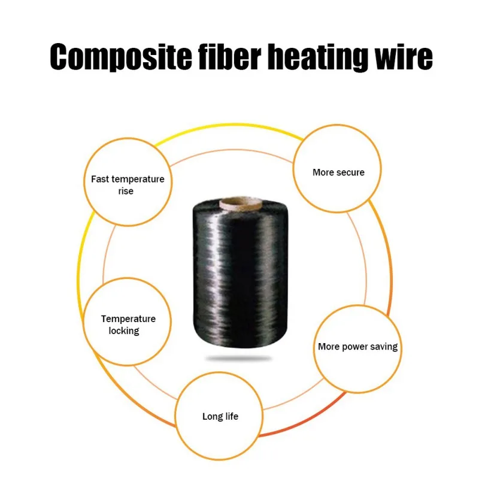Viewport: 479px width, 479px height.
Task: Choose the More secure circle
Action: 338,171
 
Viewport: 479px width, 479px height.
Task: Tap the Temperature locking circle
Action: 127,323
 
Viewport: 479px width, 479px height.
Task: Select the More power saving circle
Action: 357,347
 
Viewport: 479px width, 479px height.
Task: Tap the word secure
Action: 350,172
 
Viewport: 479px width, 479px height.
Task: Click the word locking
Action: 124,331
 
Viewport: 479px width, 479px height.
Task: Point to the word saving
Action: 385,347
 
